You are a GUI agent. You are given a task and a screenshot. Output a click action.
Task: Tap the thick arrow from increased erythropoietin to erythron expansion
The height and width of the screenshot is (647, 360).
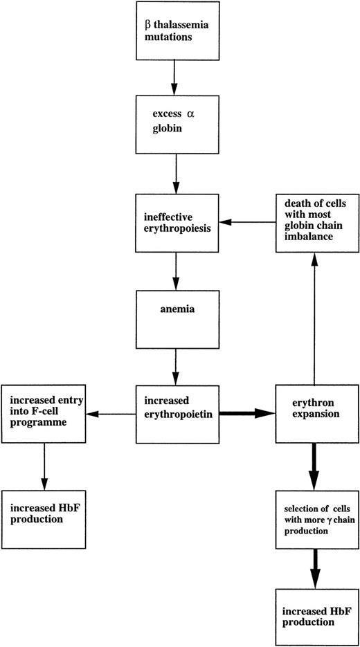(247, 414)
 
